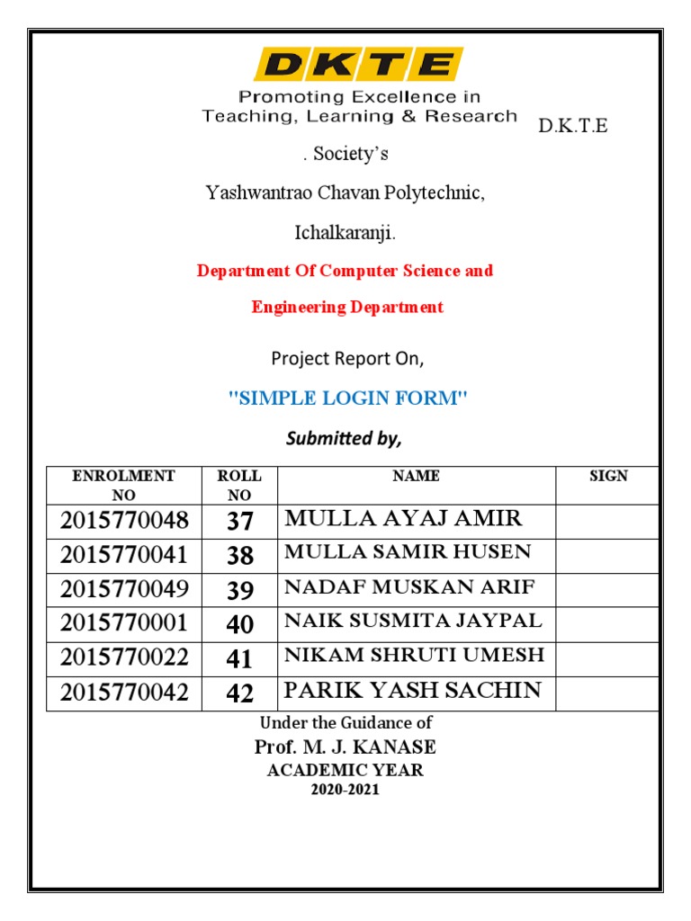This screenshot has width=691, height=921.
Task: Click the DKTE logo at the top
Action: pyautogui.click(x=359, y=64)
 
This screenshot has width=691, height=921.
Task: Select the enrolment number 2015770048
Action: pyautogui.click(x=125, y=521)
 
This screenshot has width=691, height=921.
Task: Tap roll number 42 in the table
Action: pyautogui.click(x=240, y=693)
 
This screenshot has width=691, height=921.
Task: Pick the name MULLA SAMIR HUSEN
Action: pyautogui.click(x=408, y=552)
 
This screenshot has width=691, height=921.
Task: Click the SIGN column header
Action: pyautogui.click(x=608, y=476)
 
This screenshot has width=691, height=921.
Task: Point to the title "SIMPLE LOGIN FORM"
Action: pyautogui.click(x=349, y=398)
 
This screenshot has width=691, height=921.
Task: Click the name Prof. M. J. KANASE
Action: pyautogui.click(x=345, y=747)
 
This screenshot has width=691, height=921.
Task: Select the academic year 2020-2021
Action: pyautogui.click(x=345, y=790)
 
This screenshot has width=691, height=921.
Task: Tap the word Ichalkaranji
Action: pyautogui.click(x=345, y=233)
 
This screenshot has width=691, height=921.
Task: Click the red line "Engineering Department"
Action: pyautogui.click(x=347, y=307)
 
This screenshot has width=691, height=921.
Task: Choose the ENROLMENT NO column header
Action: pyautogui.click(x=123, y=485)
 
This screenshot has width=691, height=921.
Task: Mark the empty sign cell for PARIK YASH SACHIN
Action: pyautogui.click(x=608, y=693)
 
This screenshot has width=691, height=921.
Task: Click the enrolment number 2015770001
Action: pyautogui.click(x=125, y=624)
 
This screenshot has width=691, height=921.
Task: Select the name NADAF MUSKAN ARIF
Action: pyautogui.click(x=409, y=587)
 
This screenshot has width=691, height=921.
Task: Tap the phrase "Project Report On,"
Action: pyautogui.click(x=347, y=359)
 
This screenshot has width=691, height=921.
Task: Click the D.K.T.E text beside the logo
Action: pyautogui.click(x=573, y=126)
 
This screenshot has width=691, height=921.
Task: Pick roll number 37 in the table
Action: pyautogui.click(x=240, y=522)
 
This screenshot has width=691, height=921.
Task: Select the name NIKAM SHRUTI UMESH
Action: pyautogui.click(x=414, y=655)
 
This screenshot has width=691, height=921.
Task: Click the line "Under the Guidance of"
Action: pyautogui.click(x=345, y=722)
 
